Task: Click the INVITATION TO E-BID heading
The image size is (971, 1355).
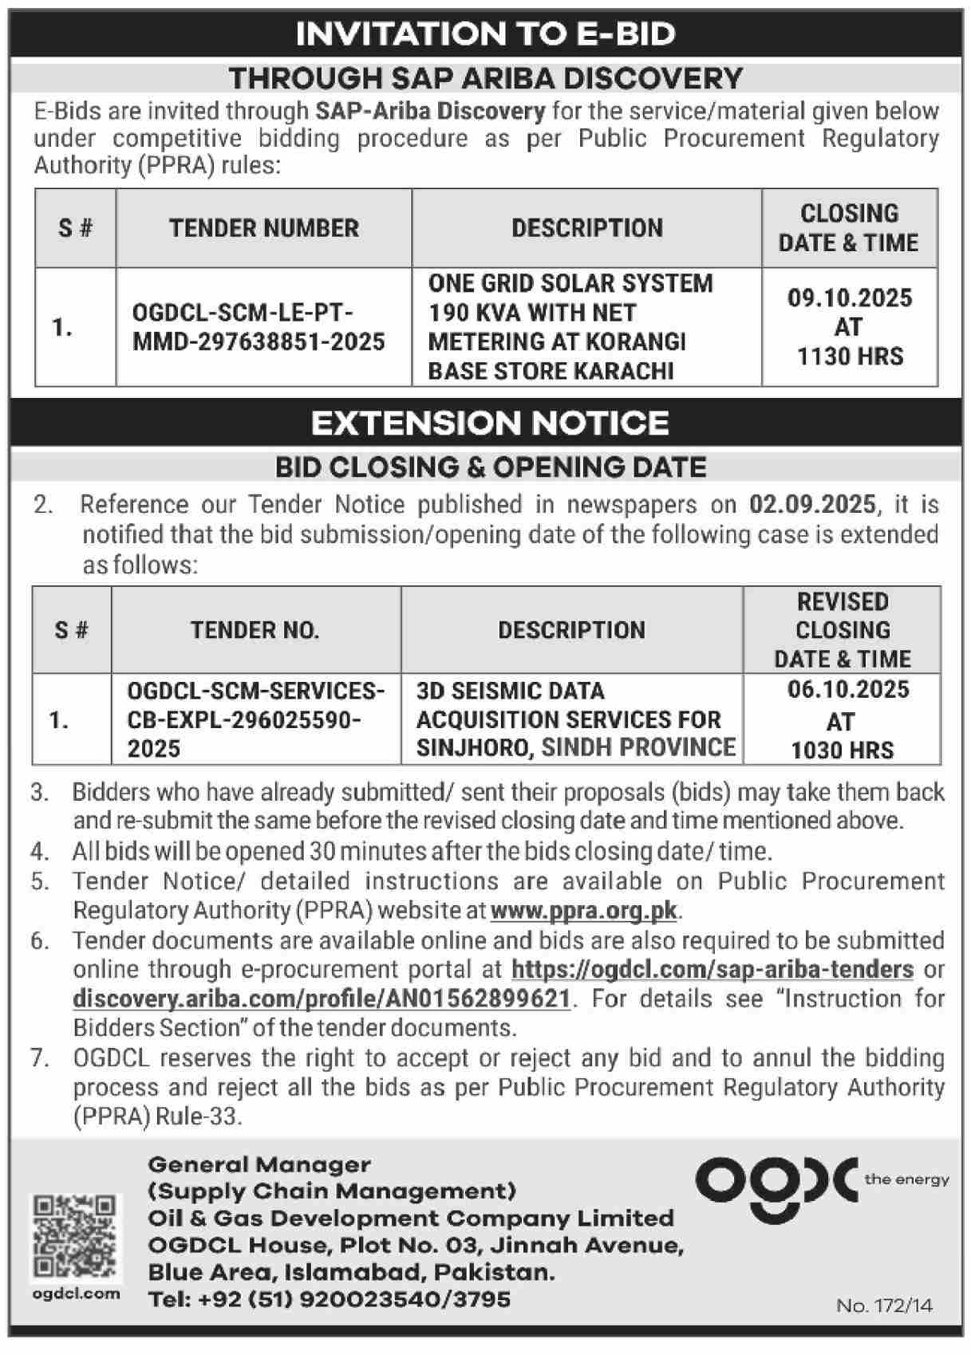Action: click(485, 34)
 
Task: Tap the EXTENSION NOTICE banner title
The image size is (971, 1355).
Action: click(489, 423)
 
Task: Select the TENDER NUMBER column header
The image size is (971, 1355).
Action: click(263, 228)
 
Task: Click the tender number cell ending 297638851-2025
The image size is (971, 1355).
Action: click(259, 327)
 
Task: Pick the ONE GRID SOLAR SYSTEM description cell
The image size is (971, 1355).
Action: click(570, 327)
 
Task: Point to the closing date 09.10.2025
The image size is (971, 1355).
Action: click(849, 298)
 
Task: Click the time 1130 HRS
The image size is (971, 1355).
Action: click(850, 356)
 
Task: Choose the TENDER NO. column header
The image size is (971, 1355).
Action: click(255, 630)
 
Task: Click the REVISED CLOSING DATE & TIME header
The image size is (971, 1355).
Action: click(842, 630)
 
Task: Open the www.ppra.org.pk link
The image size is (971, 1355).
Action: click(584, 911)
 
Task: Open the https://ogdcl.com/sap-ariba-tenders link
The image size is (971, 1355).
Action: click(712, 970)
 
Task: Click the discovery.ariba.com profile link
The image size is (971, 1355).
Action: click(322, 999)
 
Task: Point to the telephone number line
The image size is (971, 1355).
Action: click(329, 1299)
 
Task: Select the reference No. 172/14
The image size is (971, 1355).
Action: click(884, 1306)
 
